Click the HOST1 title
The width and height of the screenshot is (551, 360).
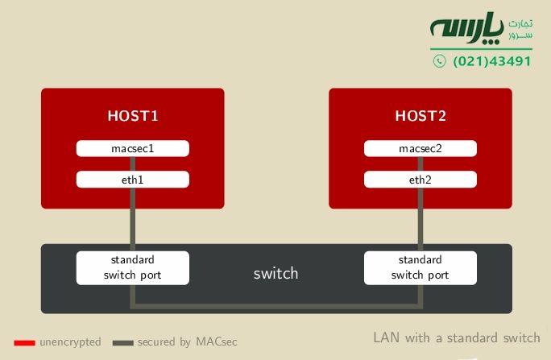(x=133, y=116)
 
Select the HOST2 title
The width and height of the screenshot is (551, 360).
(x=420, y=116)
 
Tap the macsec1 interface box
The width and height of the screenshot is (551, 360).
(x=133, y=149)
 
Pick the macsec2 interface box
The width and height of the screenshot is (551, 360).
(x=420, y=149)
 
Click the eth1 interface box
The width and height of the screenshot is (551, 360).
(x=133, y=180)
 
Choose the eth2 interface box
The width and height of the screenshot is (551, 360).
(x=420, y=180)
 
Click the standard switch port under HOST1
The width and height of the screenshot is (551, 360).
(x=133, y=267)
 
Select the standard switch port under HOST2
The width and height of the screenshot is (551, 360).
(x=420, y=267)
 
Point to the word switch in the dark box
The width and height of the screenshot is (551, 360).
(x=275, y=274)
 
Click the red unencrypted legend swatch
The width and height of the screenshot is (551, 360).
(x=24, y=342)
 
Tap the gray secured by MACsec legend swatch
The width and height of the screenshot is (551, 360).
(x=122, y=342)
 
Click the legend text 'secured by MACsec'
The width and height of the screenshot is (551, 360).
(x=187, y=342)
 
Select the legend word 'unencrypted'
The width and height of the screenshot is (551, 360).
(x=70, y=342)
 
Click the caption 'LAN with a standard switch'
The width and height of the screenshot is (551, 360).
(x=456, y=337)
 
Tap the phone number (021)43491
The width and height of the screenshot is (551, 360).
(x=492, y=61)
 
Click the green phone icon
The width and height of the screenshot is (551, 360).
(x=438, y=61)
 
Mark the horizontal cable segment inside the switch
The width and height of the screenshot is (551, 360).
(x=276, y=306)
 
